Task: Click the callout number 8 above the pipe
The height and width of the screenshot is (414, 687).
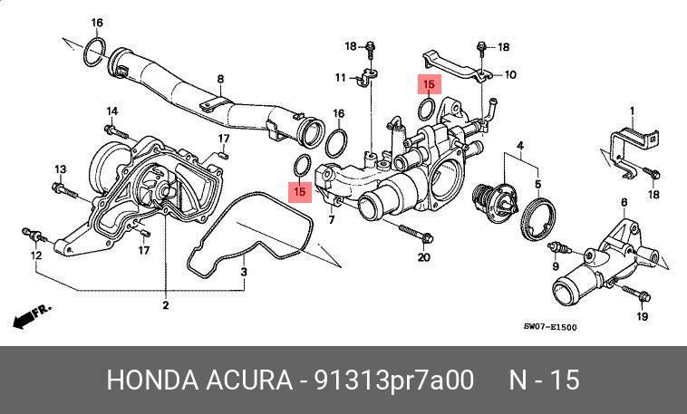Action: coord(220,79)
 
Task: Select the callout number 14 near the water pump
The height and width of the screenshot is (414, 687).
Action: coord(112,111)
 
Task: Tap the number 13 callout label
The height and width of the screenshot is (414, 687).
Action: coord(61,169)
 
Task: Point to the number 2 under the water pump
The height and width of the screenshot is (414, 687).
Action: coord(165,305)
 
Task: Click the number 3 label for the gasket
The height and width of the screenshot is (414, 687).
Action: coord(244,271)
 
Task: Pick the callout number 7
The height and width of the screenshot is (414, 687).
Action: coord(332,220)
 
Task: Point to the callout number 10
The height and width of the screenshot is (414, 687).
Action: coord(510,75)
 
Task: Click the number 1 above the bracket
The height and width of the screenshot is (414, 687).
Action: coord(633,111)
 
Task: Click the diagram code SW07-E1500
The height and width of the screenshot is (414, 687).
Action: coord(550,328)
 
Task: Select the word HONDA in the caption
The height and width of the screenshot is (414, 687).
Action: coord(150,380)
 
